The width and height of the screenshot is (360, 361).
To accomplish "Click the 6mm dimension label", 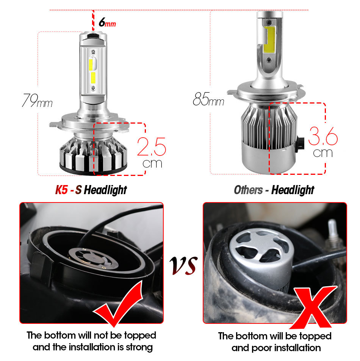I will point(107,23).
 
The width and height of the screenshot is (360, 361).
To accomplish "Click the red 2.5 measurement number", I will point(151,147).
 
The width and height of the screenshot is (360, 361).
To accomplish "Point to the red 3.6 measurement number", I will point(323,137).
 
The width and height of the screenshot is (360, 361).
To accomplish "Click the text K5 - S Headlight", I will point(91,190).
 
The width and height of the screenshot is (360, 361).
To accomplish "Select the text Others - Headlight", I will point(274,190).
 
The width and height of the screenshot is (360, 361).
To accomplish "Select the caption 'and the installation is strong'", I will point(92,347).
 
